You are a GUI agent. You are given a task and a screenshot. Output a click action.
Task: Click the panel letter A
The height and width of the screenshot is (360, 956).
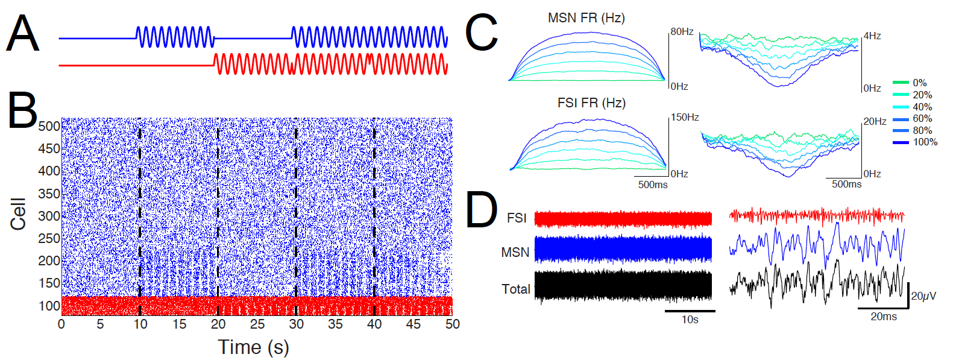click(x=22, y=34)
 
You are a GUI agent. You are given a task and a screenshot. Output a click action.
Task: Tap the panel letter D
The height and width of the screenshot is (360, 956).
click(x=482, y=210)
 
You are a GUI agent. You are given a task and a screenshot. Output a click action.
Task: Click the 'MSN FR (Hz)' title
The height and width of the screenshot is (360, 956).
click(x=586, y=18)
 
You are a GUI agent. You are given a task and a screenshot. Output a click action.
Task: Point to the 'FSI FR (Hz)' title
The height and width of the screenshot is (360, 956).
click(x=591, y=103)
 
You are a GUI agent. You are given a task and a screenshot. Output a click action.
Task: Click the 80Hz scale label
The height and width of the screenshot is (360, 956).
click(x=682, y=31)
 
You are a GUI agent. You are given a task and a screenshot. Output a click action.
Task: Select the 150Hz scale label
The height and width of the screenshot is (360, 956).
click(x=685, y=117)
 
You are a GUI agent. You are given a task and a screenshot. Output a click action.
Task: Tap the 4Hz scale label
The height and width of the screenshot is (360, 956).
click(x=872, y=36)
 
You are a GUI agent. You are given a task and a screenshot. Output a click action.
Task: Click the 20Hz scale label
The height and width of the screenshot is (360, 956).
click(x=875, y=121)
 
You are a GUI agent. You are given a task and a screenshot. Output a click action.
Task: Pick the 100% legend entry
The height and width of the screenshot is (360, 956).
click(x=925, y=142)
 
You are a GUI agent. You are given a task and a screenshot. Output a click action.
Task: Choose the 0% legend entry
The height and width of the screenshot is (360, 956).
click(x=919, y=83)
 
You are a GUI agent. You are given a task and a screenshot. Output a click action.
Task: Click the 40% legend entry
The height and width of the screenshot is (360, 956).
click(x=922, y=107)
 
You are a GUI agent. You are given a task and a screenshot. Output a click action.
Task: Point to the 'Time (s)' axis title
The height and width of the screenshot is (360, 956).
click(x=253, y=347)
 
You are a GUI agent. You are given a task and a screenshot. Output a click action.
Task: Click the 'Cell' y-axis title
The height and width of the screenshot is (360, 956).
click(x=18, y=213)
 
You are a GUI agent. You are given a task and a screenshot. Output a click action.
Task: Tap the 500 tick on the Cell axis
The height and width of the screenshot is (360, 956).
click(x=49, y=126)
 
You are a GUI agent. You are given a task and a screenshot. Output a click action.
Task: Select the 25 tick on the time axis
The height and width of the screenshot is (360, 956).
click(x=257, y=324)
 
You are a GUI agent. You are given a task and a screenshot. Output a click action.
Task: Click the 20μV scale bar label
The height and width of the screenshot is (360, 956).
click(x=923, y=296)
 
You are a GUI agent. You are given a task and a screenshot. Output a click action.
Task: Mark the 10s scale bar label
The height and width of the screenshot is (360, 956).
click(x=690, y=320)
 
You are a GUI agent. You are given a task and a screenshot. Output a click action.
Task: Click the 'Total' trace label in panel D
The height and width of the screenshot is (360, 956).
click(x=516, y=289)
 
